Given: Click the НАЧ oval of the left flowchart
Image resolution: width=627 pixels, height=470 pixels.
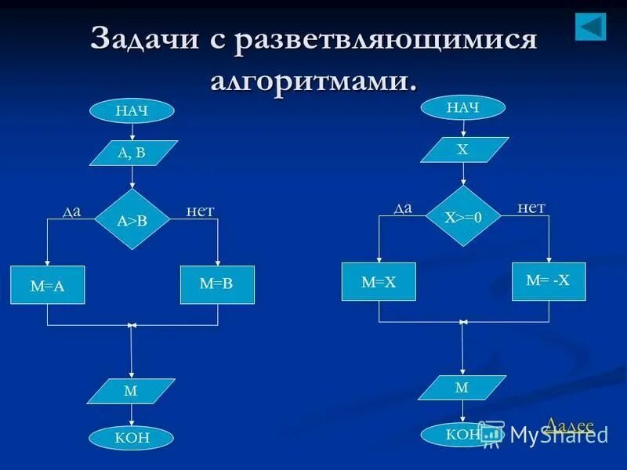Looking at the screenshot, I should point(131,110).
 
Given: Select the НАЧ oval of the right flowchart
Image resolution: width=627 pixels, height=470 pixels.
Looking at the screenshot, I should point(463,107).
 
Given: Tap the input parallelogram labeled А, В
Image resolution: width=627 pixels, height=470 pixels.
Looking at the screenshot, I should point(133,153).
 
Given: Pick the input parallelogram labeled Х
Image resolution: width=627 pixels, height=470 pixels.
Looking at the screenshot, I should point(464,150).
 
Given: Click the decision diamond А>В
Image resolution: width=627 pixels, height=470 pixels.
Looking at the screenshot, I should point(132,220).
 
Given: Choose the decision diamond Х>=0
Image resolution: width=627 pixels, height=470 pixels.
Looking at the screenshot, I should point(463,217).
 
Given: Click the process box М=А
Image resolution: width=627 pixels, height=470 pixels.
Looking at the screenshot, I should point(48,286).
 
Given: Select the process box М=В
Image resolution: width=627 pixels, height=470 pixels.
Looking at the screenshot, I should point(217,284).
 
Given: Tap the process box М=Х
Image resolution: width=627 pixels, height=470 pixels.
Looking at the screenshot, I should point(379,282).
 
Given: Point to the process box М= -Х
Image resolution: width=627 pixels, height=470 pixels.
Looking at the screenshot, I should point(549,280).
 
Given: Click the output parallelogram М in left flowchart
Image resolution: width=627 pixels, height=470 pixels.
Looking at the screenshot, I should point(131,391).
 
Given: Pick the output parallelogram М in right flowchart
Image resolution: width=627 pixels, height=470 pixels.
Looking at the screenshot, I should point(462,388).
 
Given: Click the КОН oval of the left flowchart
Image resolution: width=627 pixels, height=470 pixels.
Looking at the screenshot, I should point(132,438).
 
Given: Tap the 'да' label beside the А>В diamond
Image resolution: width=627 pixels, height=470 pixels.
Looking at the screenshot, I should point(71,211).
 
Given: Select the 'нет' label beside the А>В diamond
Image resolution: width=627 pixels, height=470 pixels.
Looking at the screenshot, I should point(200,211).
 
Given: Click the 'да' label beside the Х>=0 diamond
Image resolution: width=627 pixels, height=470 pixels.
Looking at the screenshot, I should point(403,208).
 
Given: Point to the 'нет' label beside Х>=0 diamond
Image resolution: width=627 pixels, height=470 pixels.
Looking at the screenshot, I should point(531,208).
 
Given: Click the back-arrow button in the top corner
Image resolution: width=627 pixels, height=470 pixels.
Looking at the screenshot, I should point(591,27).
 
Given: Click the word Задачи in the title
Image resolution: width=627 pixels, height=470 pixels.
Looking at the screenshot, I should point(145,39).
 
